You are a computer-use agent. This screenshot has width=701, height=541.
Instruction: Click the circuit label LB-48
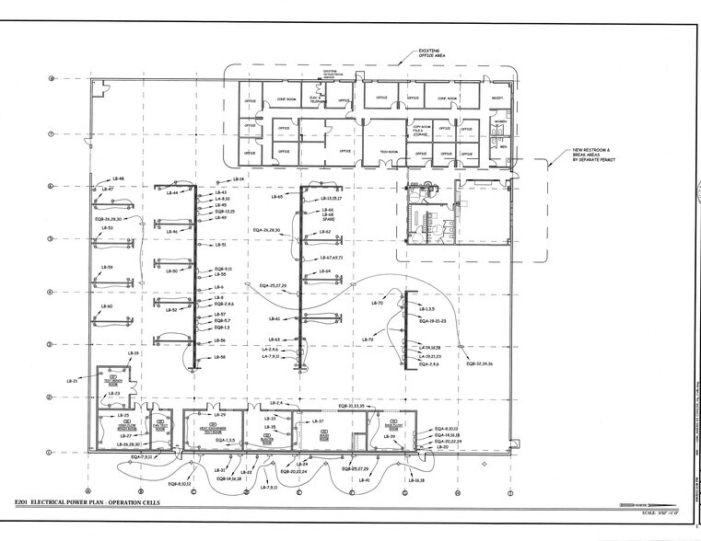pyautogui.click(x=119, y=178)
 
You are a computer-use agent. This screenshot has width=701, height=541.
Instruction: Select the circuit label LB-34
pyautogui.click(x=237, y=178)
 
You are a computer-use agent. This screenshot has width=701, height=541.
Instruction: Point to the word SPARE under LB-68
pyautogui.click(x=327, y=221)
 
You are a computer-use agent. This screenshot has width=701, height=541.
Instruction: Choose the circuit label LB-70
pyautogui.click(x=377, y=302)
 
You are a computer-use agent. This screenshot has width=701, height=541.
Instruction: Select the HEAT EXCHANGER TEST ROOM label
pyautogui.click(x=208, y=430)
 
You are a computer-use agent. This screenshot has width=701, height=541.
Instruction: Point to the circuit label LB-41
pyautogui.click(x=366, y=480)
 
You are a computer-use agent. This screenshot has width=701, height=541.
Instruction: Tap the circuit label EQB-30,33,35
pyautogui.click(x=354, y=405)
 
